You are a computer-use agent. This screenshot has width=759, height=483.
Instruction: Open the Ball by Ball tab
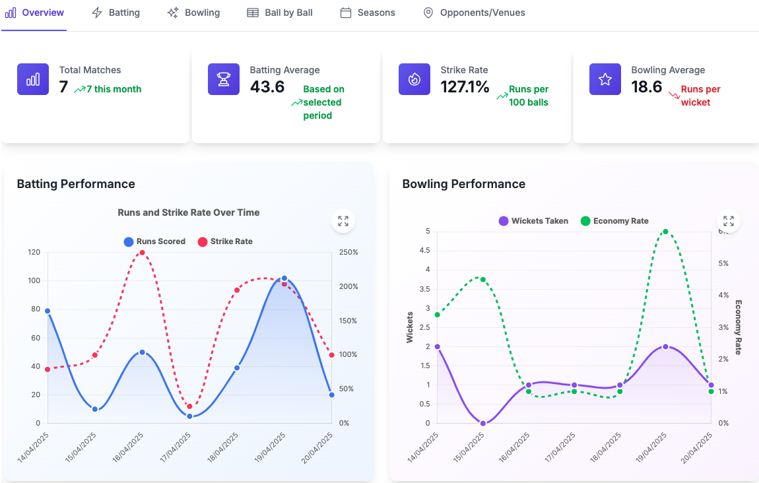[x=280, y=13]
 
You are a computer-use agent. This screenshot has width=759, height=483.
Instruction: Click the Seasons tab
[x=368, y=13]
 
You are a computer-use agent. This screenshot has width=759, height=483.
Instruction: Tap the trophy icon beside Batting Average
[x=224, y=79]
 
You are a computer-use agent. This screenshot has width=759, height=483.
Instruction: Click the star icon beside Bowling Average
[x=605, y=79]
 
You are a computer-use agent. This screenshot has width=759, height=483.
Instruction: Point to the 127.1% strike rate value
[x=465, y=86]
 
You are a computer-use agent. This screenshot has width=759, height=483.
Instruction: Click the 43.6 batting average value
[x=267, y=86]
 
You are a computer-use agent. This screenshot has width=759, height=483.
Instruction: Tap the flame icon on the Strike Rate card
[x=414, y=79]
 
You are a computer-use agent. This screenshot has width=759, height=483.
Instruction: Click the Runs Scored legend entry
[x=154, y=241]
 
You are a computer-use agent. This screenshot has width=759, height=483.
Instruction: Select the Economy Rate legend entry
[x=614, y=221]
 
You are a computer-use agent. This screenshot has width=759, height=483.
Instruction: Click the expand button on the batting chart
[x=343, y=221]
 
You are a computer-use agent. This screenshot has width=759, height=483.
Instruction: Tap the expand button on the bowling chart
[x=729, y=221]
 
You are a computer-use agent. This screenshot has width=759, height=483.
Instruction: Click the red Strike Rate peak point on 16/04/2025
[x=142, y=253]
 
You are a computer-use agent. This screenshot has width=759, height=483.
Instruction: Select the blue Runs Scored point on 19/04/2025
[x=284, y=278]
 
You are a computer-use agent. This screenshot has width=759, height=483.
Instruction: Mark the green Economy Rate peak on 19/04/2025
[x=665, y=232]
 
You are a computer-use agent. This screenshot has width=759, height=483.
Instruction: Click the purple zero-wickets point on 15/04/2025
[x=483, y=423]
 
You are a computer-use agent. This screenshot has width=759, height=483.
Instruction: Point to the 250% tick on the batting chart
[x=348, y=253]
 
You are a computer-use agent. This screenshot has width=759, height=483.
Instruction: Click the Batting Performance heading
[x=76, y=184]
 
